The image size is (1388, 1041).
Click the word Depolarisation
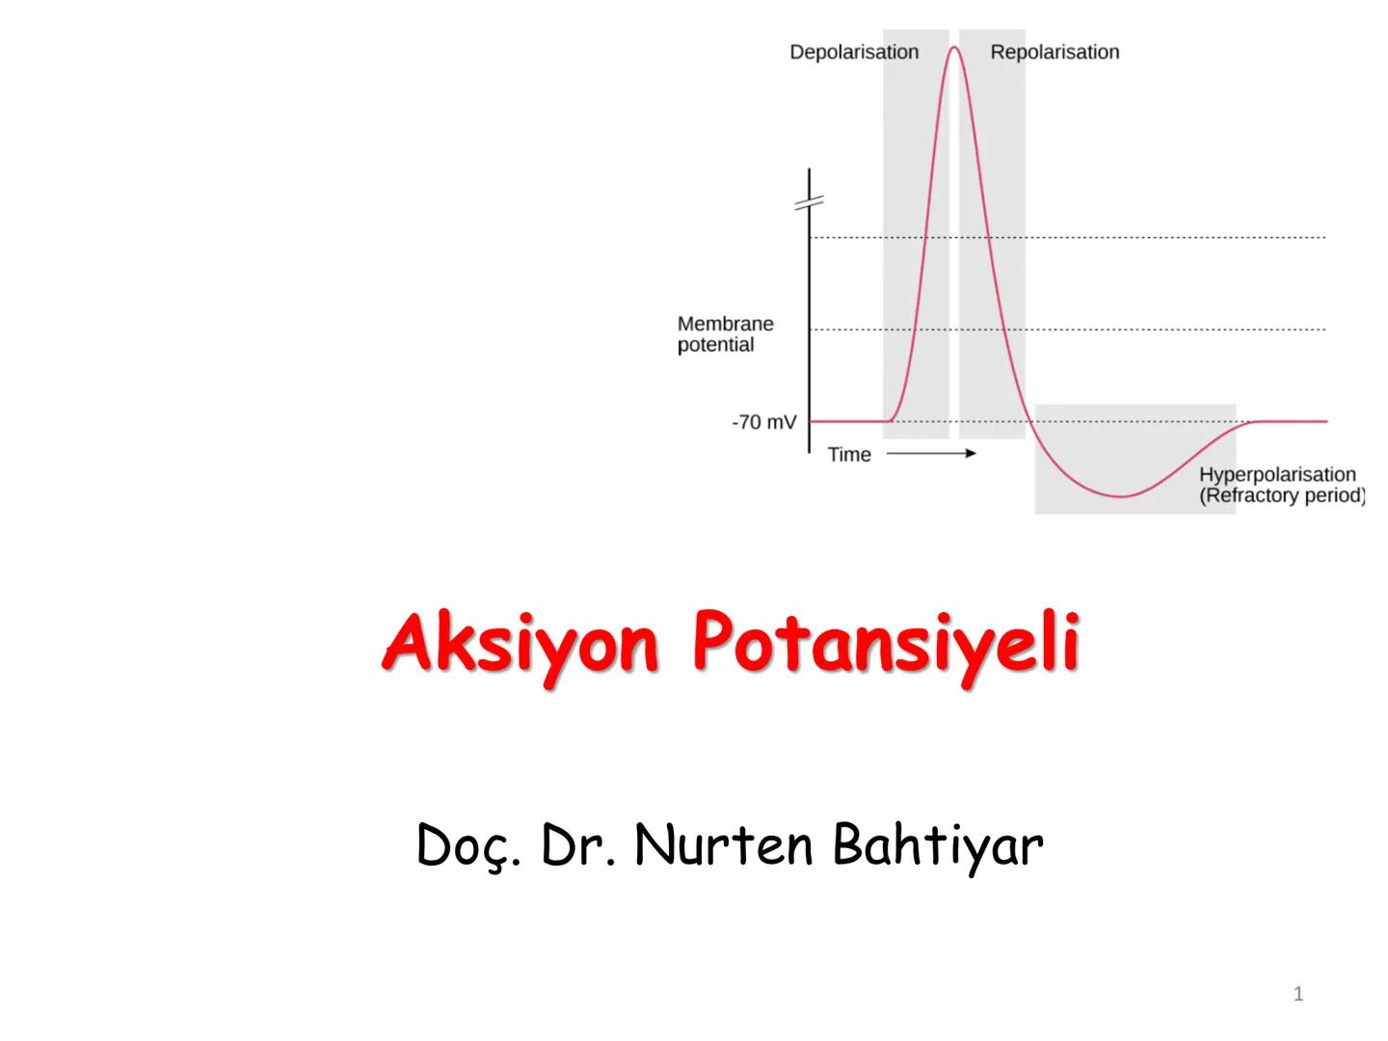click(x=854, y=52)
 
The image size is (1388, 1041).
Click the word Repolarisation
click(x=1054, y=52)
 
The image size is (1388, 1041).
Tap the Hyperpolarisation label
click(x=1277, y=474)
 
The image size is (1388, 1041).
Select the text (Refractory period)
click(x=1282, y=495)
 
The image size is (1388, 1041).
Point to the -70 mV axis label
click(x=764, y=422)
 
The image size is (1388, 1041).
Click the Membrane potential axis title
click(x=725, y=334)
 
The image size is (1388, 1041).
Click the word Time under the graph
click(x=849, y=455)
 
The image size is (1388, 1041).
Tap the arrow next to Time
click(x=930, y=453)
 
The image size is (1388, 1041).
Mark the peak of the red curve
click(x=954, y=47)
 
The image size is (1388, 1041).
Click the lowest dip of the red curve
click(x=1122, y=496)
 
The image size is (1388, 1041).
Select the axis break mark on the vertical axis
click(x=810, y=202)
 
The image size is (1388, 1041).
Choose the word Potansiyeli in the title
click(x=886, y=643)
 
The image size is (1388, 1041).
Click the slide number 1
click(x=1298, y=994)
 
